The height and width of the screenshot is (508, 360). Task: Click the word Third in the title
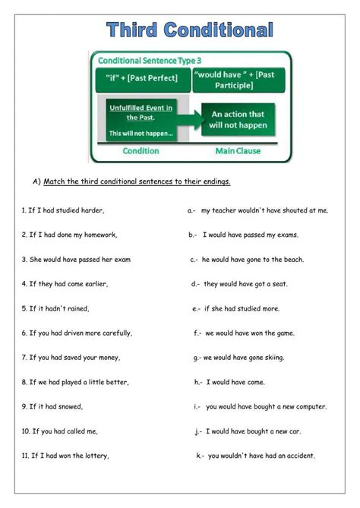pyautogui.click(x=134, y=30)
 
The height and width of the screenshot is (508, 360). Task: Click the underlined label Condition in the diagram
pyautogui.click(x=141, y=150)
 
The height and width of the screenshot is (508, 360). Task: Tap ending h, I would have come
pyautogui.click(x=232, y=382)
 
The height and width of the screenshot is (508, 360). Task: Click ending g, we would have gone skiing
pyautogui.click(x=244, y=358)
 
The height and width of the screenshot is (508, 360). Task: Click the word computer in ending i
pyautogui.click(x=311, y=406)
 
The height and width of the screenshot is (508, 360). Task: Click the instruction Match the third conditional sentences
pyautogui.click(x=137, y=181)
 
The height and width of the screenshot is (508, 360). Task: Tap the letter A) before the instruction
pyautogui.click(x=36, y=181)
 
